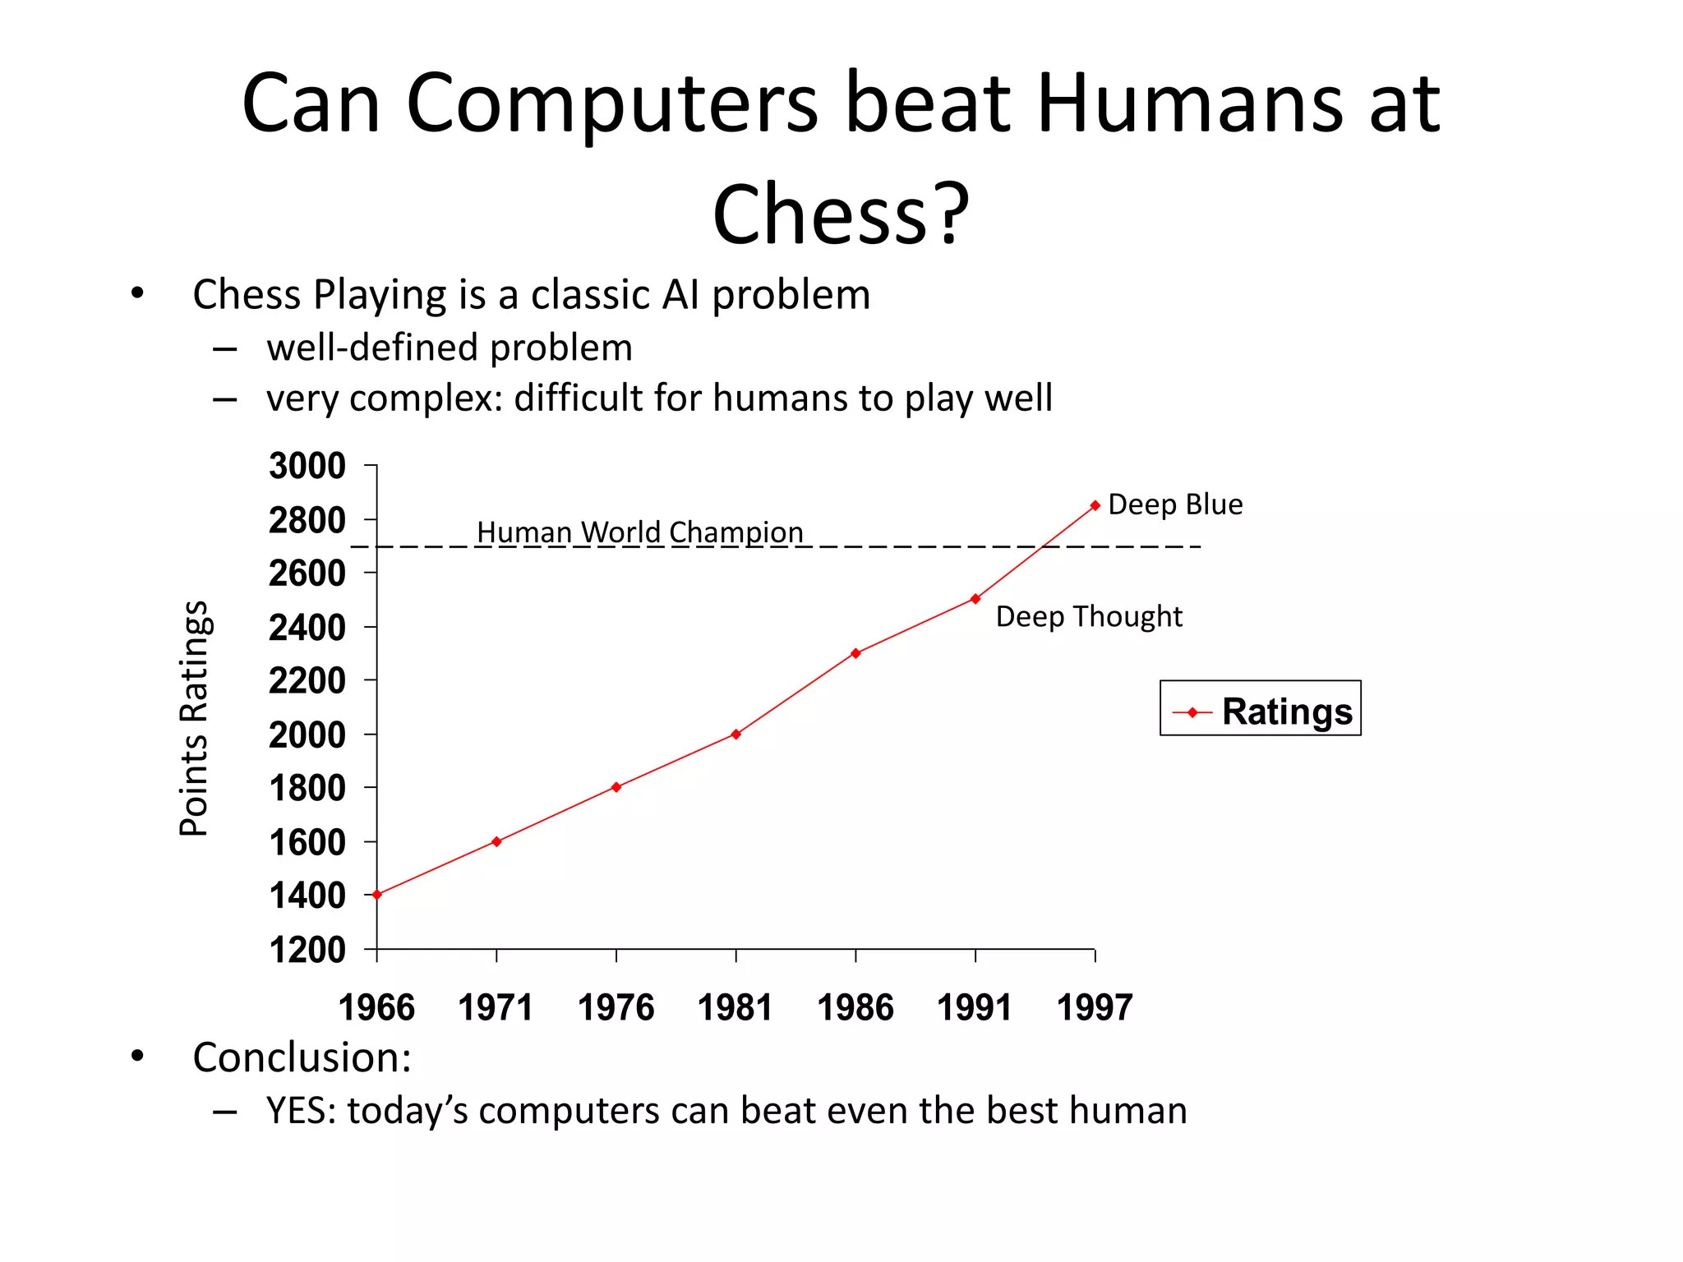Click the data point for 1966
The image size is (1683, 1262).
tap(377, 895)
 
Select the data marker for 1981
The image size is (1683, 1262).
tap(735, 734)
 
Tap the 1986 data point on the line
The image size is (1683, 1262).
tap(855, 653)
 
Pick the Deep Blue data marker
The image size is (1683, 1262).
tap(1095, 506)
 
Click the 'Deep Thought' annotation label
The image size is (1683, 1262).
tap(1089, 616)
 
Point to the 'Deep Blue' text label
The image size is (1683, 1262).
tap(1175, 504)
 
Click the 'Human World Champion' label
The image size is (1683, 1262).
tap(640, 532)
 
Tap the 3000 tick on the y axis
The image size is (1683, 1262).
tap(307, 466)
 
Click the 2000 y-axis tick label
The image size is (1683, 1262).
tap(307, 735)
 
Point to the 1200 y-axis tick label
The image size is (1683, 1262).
tap(307, 950)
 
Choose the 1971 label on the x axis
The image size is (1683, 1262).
tap(496, 1007)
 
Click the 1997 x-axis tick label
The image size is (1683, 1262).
tap(1095, 1007)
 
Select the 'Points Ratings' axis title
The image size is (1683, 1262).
tap(195, 719)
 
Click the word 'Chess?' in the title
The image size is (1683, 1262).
tap(841, 214)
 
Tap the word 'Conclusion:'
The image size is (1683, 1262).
tap(302, 1057)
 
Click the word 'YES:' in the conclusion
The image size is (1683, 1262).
tap(301, 1111)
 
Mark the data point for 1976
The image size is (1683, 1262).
tap(616, 787)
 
